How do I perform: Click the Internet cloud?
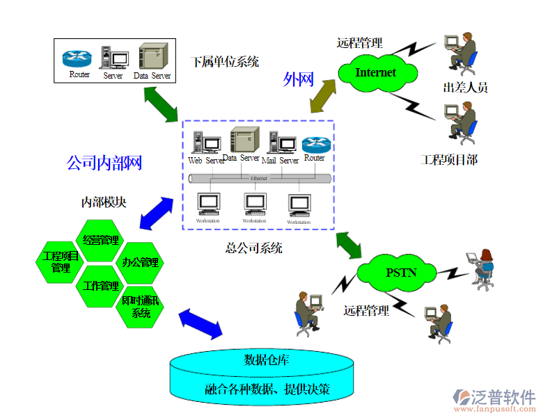coord(375,73)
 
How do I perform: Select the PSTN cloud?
coord(401,272)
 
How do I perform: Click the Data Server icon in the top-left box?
coord(152,57)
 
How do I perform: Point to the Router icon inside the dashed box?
coord(315,144)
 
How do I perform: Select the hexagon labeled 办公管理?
coord(140,262)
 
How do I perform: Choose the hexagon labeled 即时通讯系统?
coord(140,307)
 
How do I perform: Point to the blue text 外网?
coord(298,80)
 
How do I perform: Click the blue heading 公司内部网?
coord(104,163)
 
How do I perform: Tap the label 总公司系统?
coord(253,248)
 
